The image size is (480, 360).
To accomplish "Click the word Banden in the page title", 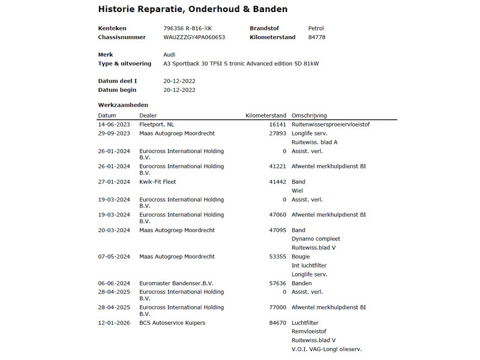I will (266, 10).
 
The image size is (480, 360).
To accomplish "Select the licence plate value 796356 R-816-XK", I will (187, 28).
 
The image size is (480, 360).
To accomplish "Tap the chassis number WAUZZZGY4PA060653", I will (194, 37).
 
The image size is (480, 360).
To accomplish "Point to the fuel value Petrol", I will (316, 28).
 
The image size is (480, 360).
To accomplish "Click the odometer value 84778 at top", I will (317, 37).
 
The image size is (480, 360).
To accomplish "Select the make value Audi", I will (169, 54).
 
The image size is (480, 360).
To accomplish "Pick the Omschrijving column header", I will (309, 115).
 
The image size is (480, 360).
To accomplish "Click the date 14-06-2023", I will (114, 124).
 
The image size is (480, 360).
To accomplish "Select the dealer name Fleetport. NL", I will (157, 124).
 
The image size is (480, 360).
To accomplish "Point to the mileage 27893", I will (278, 133).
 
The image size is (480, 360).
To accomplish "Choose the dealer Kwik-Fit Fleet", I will (157, 181).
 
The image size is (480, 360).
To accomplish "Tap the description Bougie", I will (301, 256).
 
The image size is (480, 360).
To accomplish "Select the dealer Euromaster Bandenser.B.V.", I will (176, 283).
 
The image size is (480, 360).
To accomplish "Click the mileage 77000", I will (278, 307).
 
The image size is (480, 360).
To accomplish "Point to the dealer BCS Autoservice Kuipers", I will (172, 323).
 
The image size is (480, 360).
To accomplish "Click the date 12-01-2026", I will (114, 323).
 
